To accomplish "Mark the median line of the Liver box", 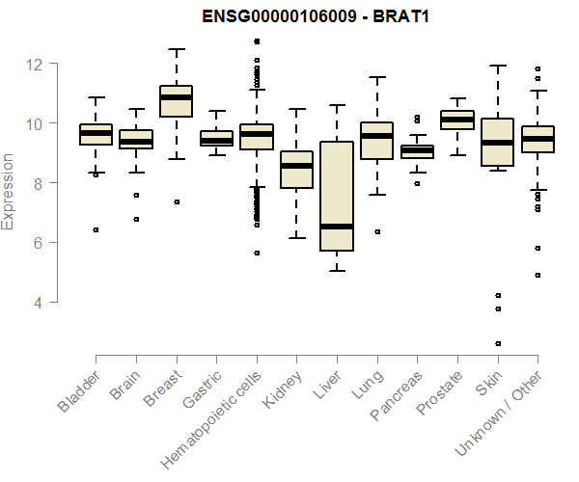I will click(x=336, y=227).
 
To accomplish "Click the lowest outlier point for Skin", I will click(x=498, y=343).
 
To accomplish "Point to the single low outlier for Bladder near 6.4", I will click(x=96, y=229).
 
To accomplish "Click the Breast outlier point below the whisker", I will click(x=176, y=201).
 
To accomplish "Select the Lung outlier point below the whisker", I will click(x=376, y=231).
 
